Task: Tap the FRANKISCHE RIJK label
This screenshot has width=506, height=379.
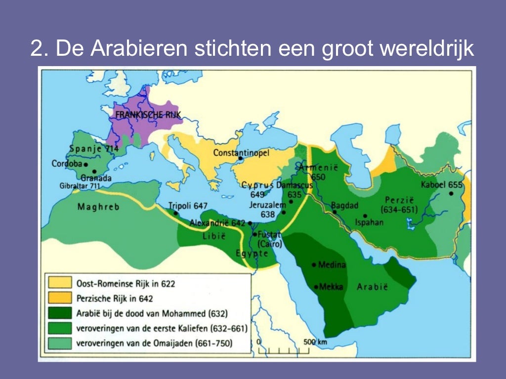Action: [x=148, y=114]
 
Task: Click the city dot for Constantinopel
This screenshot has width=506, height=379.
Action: [x=240, y=159]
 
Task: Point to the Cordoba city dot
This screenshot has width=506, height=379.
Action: [x=86, y=164]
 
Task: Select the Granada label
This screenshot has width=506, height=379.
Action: [x=96, y=178]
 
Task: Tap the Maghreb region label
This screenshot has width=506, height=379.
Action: [x=98, y=207]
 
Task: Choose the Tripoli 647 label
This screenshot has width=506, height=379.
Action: [x=187, y=206]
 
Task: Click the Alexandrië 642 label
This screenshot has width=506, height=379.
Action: [x=217, y=223]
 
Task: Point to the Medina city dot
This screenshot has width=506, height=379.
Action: [x=314, y=265]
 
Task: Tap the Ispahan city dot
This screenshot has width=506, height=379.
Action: [x=365, y=216]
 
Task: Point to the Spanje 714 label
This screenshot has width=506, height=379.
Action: [x=93, y=148]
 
